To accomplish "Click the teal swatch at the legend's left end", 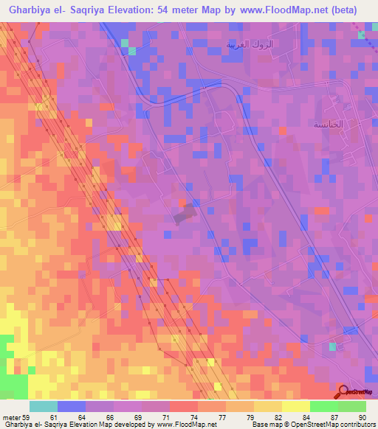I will pos(43,406).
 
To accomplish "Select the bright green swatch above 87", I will pos(323,406).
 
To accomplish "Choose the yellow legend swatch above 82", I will pos(268,406).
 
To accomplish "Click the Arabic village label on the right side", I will pos(326,125).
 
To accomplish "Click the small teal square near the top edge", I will pos(132,51).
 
